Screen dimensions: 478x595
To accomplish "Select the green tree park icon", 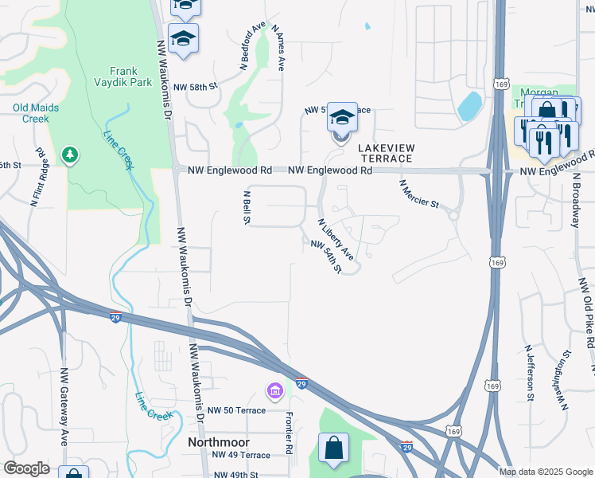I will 71,154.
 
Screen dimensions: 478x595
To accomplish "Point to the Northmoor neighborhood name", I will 218,442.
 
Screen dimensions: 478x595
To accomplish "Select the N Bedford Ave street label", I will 253,47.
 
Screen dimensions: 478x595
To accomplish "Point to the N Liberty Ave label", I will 336,239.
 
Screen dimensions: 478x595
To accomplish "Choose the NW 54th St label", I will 326,257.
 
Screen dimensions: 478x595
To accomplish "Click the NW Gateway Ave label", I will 63,406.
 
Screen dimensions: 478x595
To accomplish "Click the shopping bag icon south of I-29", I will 333,448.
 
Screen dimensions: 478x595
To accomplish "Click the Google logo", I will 26,468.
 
